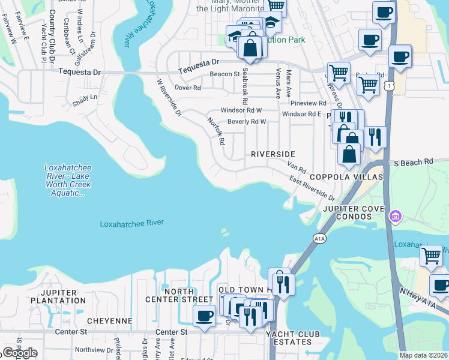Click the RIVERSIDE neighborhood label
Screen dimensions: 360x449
pos(273,154)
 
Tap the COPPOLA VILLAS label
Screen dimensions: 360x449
pos(346,177)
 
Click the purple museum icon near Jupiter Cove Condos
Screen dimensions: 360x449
pos(395,216)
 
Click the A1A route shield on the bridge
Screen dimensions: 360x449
pos(319,239)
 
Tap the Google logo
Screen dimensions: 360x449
pos(20,353)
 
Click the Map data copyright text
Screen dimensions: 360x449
pos(424,355)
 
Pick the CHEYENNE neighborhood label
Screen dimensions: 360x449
pos(109,321)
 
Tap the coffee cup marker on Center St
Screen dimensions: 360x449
pos(204,316)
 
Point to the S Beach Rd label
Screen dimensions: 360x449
pos(413,162)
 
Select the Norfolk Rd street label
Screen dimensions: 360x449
pos(215,130)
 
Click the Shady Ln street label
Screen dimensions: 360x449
pos(85,97)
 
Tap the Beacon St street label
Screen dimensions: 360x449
pos(224,74)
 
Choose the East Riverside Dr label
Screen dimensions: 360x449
pos(312,188)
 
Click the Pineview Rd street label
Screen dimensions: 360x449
pos(307,103)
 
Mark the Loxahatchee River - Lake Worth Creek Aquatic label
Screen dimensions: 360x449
pos(67,180)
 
